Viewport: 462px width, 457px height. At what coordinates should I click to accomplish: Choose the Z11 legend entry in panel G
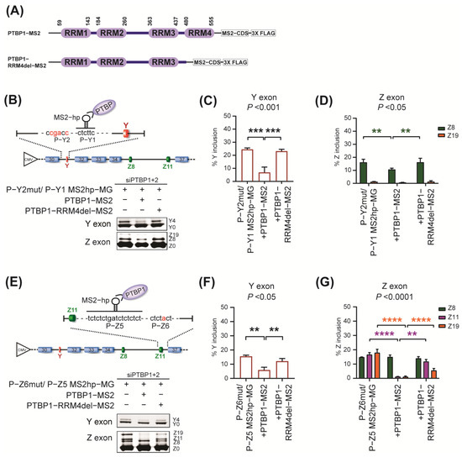pos(444,301)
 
